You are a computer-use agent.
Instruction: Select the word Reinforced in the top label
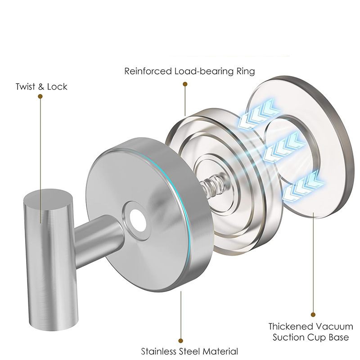coord(148,71)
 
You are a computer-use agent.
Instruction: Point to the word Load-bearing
coord(203,71)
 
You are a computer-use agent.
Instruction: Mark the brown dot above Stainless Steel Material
coord(181,341)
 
